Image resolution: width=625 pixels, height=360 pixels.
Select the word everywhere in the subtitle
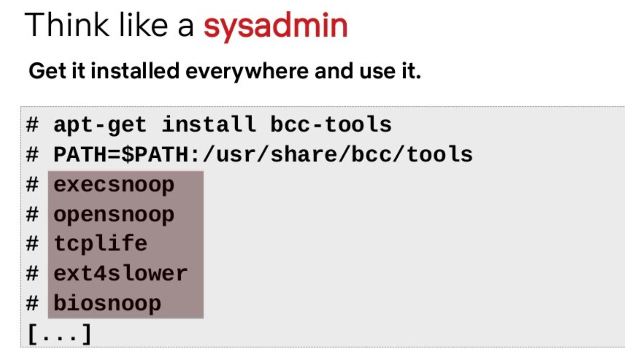tap(247, 72)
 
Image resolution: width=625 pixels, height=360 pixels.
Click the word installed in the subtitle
tap(135, 71)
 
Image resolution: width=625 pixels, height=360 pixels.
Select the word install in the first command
tap(208, 124)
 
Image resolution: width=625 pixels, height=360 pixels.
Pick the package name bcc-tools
tap(331, 124)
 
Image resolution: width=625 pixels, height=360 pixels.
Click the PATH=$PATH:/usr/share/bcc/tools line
tap(263, 155)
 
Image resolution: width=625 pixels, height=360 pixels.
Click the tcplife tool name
tap(100, 244)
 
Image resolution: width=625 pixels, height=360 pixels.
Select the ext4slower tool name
tap(121, 274)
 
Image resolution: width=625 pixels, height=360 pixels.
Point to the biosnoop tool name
tap(107, 304)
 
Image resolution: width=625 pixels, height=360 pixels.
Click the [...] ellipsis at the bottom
tap(60, 334)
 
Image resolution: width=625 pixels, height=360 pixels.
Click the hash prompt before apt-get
tap(32, 125)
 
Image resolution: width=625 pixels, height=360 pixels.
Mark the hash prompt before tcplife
tap(32, 244)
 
